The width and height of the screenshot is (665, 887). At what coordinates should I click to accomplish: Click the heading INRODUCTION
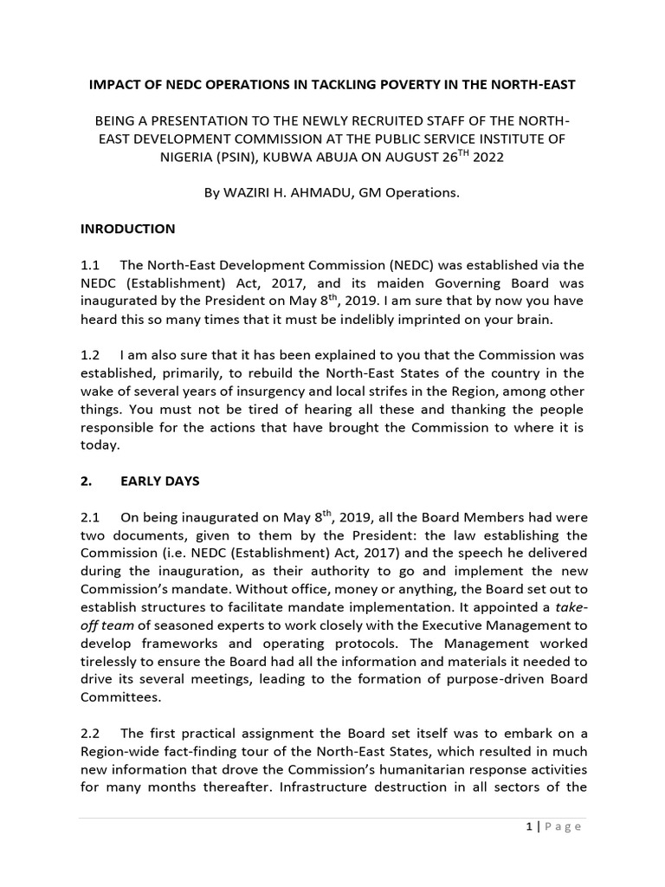127,230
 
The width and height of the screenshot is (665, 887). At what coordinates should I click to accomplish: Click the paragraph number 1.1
91,264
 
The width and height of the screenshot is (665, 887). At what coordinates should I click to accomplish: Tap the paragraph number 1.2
91,355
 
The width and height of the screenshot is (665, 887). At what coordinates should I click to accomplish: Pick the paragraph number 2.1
91,518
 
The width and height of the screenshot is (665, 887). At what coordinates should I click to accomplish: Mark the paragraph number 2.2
91,733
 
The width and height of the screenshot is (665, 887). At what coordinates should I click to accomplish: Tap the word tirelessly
113,661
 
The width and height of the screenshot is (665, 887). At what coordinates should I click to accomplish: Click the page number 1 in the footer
528,826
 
